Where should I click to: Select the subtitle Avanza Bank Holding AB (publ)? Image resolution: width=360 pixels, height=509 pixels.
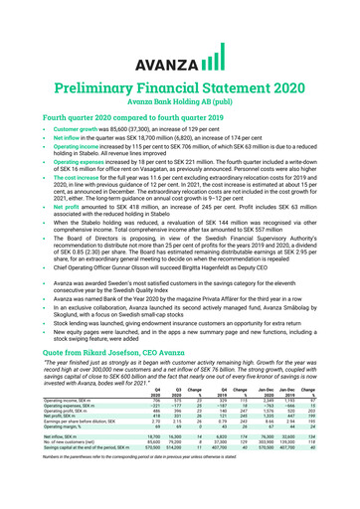pos(180,77)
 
